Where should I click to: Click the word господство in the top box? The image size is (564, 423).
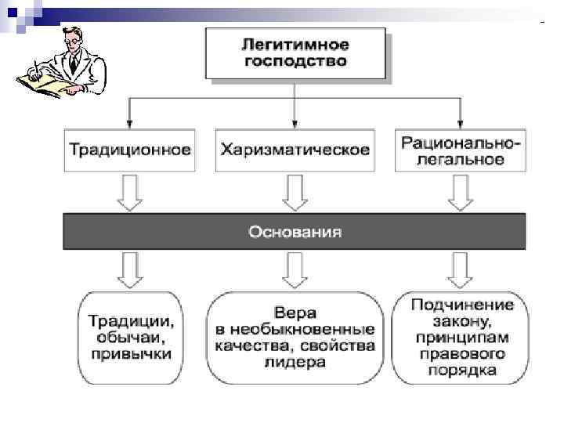(x=295, y=60)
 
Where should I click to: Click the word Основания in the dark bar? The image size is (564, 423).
(x=295, y=232)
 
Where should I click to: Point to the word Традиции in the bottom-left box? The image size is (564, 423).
(x=131, y=321)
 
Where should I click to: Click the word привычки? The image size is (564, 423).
(x=130, y=354)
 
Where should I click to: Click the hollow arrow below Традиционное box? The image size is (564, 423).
(x=130, y=193)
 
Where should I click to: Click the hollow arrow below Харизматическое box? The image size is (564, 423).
(x=295, y=193)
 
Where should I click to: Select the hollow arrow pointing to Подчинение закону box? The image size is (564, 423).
(x=460, y=269)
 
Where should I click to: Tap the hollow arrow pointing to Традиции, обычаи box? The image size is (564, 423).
(x=130, y=269)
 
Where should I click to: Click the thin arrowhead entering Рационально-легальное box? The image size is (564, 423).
(x=460, y=123)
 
